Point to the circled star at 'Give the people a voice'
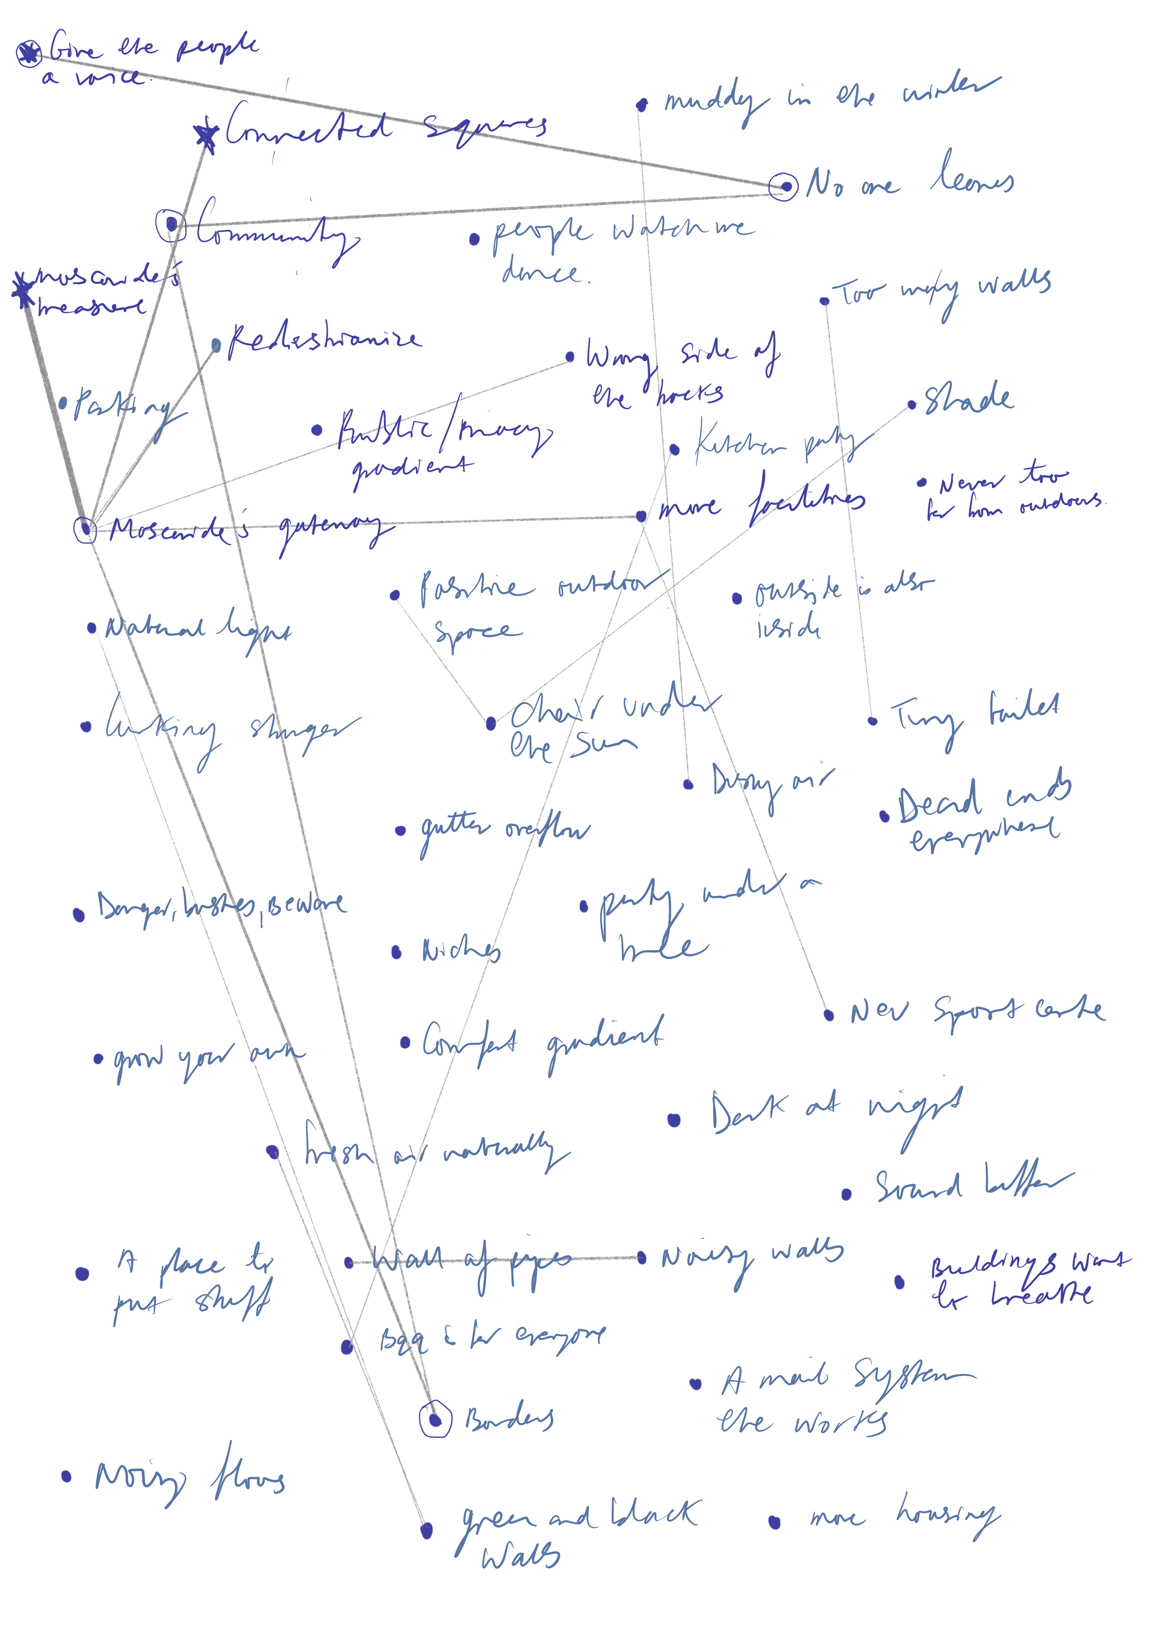tap(29, 53)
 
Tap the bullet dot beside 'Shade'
tap(912, 406)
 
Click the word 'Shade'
tap(969, 399)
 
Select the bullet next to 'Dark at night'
tap(674, 1120)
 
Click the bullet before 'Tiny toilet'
tap(873, 721)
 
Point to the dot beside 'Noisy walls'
tap(642, 1258)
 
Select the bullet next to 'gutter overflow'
tap(401, 830)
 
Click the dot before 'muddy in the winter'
tap(642, 105)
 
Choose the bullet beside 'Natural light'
tap(92, 627)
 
